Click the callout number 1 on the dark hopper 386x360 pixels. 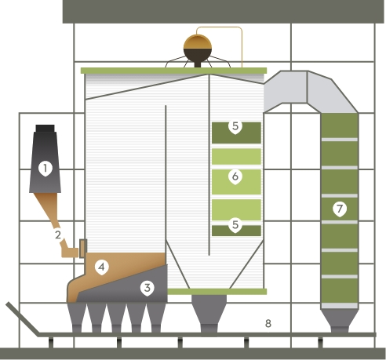pos(46,169)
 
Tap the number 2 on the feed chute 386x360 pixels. pos(58,235)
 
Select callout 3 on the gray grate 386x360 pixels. pos(147,288)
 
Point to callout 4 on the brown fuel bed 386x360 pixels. pos(102,267)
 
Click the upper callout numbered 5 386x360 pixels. pos(235,126)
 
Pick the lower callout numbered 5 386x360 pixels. pos(235,224)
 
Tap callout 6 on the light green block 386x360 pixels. pos(235,176)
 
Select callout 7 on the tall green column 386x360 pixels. pos(340,209)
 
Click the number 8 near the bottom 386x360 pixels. pos(268,324)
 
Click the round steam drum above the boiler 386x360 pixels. pos(198,49)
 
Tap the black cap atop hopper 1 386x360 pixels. pos(45,129)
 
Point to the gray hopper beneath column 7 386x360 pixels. pos(340,320)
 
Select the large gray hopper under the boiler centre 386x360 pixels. pos(209,313)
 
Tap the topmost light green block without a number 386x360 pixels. pos(236,156)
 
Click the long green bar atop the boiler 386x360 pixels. pos(173,71)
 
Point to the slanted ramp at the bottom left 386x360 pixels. pos(23,319)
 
